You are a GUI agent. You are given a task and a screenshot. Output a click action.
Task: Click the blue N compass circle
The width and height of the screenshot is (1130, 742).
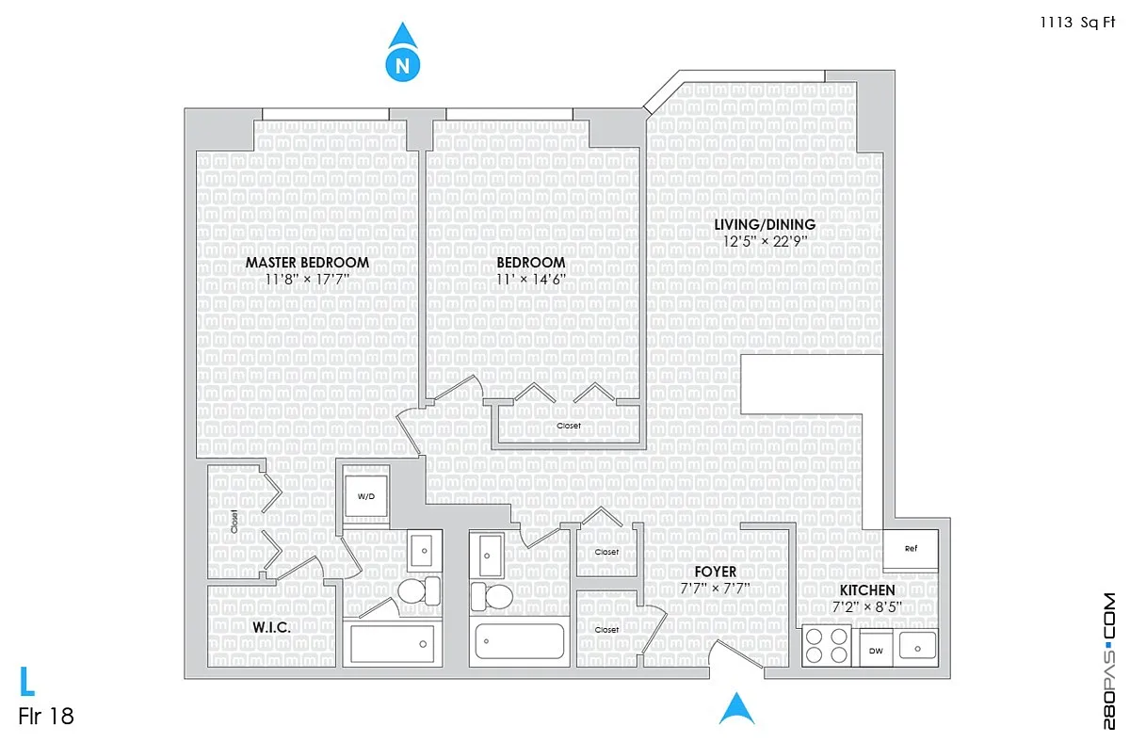coord(403,65)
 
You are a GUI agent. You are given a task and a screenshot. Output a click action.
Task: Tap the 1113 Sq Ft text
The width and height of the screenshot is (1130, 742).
coord(1077,23)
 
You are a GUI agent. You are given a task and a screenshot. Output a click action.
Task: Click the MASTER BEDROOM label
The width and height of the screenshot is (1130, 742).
coord(307,263)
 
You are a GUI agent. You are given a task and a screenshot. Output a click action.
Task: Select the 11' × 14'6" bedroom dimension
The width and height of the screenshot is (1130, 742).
coord(531,279)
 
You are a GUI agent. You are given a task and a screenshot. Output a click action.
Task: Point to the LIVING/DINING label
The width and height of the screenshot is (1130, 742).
coord(765,224)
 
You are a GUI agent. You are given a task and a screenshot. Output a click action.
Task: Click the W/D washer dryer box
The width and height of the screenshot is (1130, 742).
coord(366,496)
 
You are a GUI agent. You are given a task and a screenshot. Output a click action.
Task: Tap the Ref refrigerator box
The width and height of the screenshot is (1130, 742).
coord(911,549)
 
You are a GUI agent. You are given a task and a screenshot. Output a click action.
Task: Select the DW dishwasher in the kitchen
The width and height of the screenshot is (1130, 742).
coord(876,651)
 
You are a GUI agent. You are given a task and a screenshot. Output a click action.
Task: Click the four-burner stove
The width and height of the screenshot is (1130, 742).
coord(827,646)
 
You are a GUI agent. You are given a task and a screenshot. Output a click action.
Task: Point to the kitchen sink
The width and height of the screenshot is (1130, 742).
coord(917,646)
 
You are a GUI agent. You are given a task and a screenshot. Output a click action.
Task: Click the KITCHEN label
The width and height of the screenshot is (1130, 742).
coord(867,589)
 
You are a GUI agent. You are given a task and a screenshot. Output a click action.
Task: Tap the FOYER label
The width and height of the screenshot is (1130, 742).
coord(715,572)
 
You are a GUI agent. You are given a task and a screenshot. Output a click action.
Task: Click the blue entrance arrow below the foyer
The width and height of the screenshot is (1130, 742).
coord(736,708)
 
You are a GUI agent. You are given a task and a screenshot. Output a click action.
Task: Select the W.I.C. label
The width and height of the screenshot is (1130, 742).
coord(271,627)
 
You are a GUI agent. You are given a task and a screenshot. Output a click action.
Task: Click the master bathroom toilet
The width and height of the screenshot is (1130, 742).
coord(419,590)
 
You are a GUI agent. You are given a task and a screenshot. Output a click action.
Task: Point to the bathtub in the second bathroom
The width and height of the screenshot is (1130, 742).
coord(520,641)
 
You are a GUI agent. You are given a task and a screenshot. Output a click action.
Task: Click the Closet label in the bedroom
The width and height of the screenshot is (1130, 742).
coord(569,426)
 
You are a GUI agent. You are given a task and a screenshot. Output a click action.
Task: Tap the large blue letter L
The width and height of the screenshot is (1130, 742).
coord(26,681)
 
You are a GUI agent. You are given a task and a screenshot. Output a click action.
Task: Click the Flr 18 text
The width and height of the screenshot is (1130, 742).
coord(46,717)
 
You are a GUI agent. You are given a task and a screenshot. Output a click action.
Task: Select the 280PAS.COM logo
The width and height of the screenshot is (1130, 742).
coord(1109,661)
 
